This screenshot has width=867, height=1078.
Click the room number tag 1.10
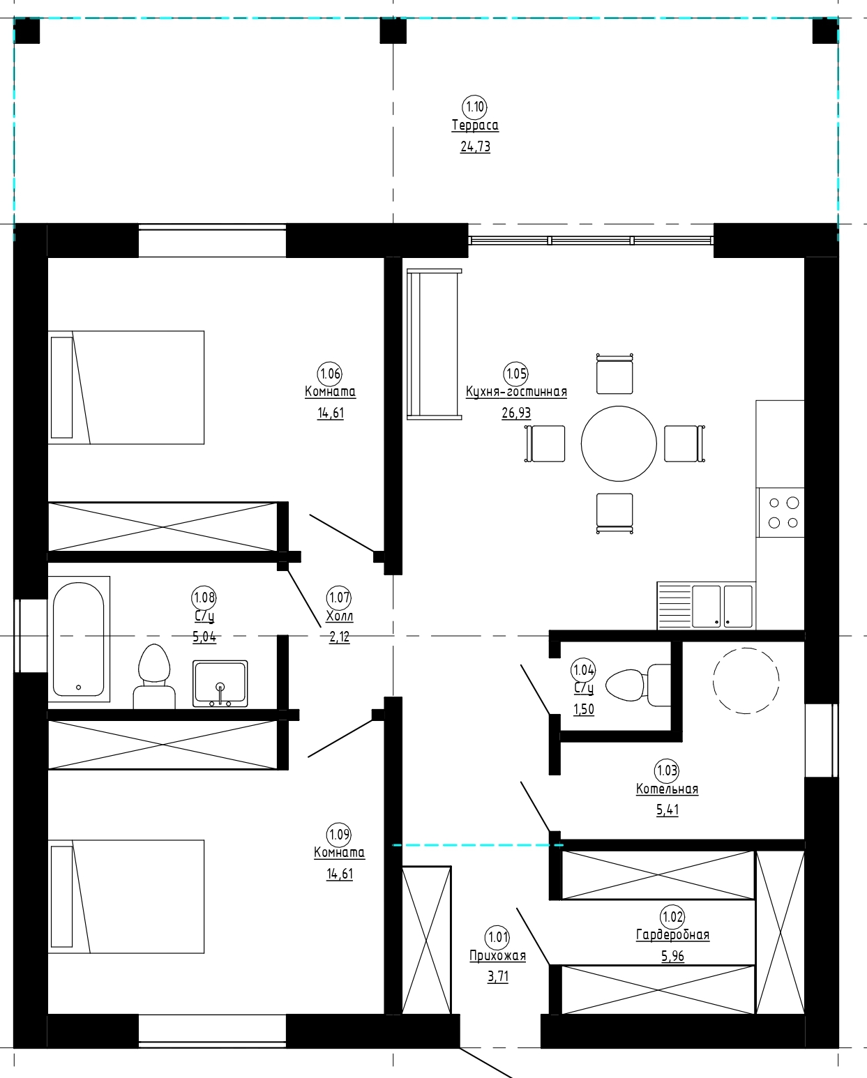(474, 107)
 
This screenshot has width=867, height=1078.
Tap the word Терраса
(475, 126)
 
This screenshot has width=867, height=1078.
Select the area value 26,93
(516, 413)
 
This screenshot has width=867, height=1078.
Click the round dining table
(619, 444)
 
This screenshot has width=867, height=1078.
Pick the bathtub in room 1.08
(79, 639)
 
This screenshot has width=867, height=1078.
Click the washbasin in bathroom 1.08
(220, 684)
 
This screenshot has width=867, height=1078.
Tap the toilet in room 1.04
(638, 685)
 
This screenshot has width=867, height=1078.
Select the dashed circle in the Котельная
(746, 681)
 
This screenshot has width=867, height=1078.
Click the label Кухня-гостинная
(517, 392)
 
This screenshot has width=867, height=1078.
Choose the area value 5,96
(672, 956)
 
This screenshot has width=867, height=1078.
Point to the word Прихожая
(497, 956)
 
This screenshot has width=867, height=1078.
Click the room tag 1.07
(339, 598)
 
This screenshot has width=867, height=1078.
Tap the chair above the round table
(615, 374)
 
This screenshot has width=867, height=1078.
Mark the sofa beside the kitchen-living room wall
(434, 344)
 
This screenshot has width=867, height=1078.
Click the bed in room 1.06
(126, 388)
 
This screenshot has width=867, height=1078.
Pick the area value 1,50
(584, 709)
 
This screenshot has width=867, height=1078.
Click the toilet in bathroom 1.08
(154, 676)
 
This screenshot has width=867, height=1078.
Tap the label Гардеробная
(672, 935)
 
